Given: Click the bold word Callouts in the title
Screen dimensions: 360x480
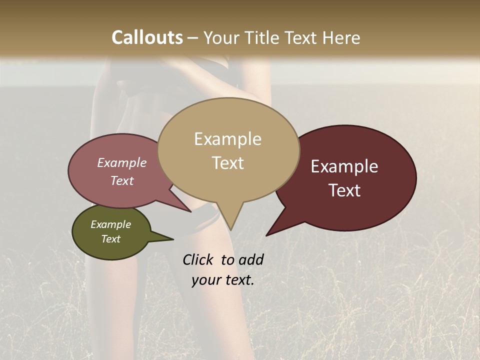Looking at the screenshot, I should (147, 37).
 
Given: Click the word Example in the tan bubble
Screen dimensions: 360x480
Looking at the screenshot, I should (227, 139).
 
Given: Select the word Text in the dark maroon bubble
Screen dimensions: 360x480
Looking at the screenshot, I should (344, 190).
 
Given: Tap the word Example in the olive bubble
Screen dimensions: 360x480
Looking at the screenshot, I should (110, 224).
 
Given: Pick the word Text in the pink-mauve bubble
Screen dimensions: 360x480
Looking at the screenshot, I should (121, 180).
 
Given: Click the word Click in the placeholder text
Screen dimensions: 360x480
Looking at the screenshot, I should (198, 259).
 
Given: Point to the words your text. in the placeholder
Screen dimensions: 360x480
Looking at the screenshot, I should (222, 280).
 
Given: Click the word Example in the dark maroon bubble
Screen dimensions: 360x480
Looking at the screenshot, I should (344, 166).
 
